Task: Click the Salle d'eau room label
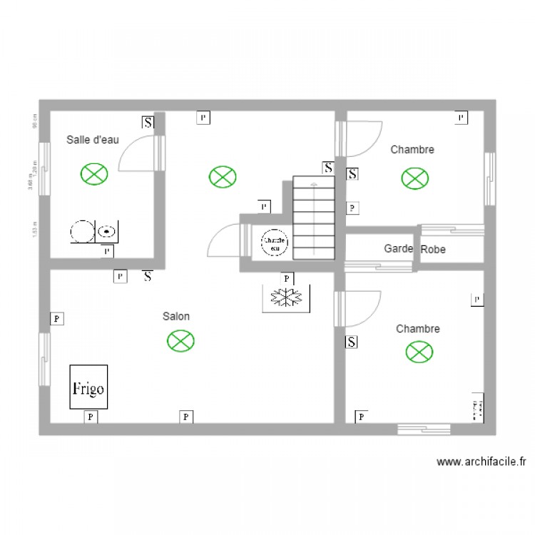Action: [x=93, y=140]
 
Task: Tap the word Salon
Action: [x=176, y=316]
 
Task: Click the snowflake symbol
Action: [x=287, y=298]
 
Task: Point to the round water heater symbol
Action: [x=274, y=242]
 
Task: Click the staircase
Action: [x=314, y=218]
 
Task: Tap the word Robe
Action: [x=433, y=250]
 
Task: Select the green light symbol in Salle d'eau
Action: [x=93, y=173]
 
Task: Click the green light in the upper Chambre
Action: [x=414, y=178]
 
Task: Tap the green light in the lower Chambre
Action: [x=419, y=351]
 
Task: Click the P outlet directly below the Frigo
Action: [x=91, y=417]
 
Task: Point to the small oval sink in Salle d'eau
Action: [x=107, y=231]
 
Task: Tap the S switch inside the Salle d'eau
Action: [x=148, y=123]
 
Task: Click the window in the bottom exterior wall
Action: [x=424, y=429]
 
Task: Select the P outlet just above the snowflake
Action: [x=287, y=278]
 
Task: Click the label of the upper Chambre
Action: [x=412, y=150]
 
